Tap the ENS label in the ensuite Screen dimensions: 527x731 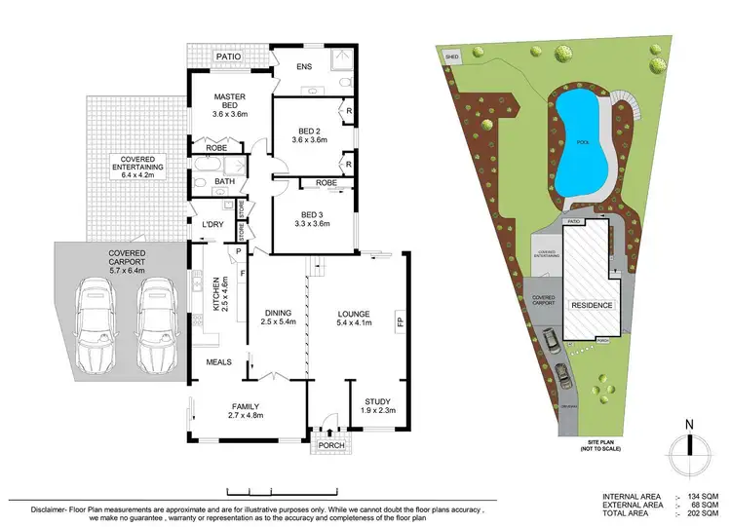click(x=304, y=67)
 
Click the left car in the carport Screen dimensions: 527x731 click(x=96, y=326)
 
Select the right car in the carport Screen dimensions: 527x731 click(x=156, y=326)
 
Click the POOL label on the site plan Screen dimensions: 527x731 click(x=583, y=141)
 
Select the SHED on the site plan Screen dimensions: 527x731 click(x=451, y=56)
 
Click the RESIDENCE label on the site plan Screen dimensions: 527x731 click(x=591, y=305)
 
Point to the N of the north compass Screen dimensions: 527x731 click(x=688, y=425)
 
